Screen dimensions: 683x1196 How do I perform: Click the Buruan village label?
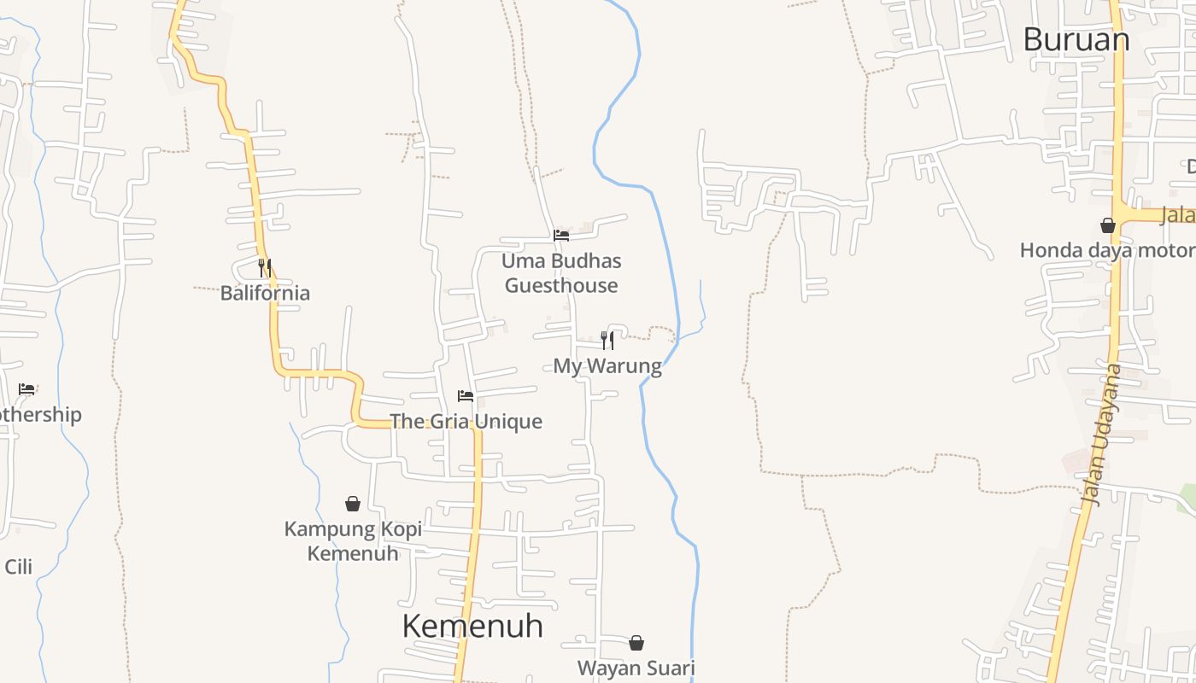(1076, 39)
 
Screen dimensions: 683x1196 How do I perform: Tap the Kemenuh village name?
(472, 626)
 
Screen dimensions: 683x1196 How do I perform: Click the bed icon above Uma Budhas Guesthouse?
(561, 235)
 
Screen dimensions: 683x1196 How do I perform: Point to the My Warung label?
(607, 366)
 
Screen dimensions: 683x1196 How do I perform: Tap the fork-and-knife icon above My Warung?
(607, 341)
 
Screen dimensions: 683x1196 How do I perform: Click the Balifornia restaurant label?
(265, 293)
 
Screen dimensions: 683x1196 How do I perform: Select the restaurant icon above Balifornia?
(265, 268)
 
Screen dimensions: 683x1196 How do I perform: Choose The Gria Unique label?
(466, 421)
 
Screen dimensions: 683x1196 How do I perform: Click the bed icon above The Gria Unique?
(466, 396)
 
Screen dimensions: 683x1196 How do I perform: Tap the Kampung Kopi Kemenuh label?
(353, 541)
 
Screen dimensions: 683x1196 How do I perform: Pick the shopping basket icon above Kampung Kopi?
(353, 504)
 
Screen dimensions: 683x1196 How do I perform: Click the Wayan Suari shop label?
(636, 668)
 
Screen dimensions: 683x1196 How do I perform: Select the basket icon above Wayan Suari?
(636, 643)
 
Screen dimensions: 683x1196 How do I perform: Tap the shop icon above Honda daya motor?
(1108, 225)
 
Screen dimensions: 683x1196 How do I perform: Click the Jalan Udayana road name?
(1101, 435)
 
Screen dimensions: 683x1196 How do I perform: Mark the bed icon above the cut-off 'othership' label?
(27, 389)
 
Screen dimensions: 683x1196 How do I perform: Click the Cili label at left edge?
(18, 567)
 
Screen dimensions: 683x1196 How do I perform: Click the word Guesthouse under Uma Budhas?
(561, 285)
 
